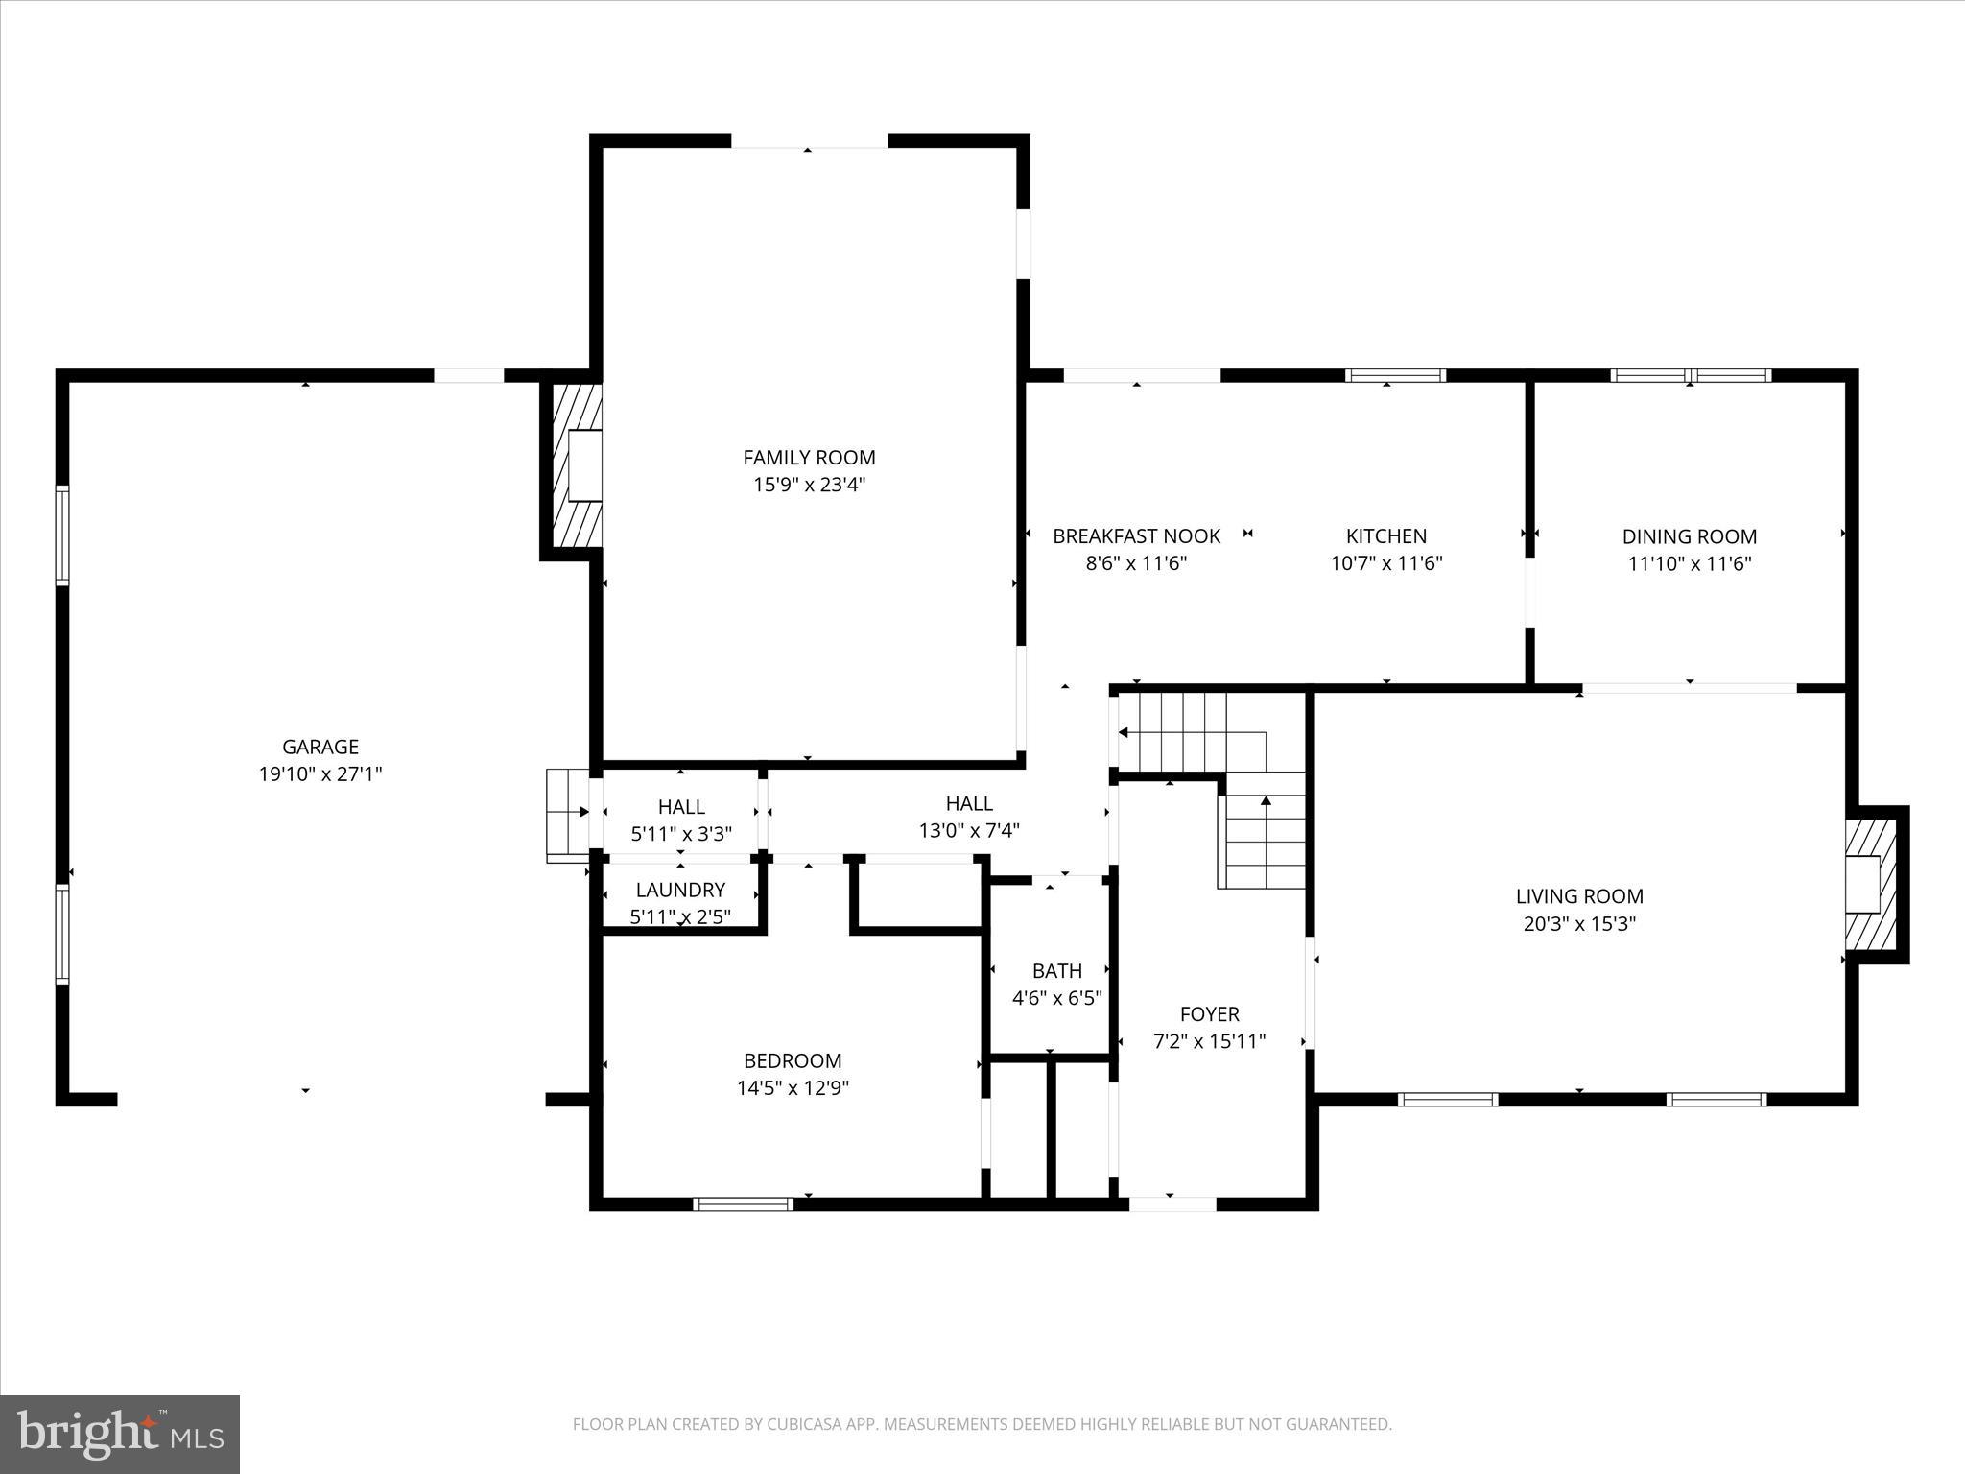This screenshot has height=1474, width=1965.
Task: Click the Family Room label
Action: [x=809, y=458]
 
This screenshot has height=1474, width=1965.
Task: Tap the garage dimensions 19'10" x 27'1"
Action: [x=320, y=773]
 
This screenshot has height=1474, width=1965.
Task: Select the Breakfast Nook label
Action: [x=1136, y=536]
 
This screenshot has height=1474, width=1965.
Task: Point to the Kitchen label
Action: [x=1385, y=536]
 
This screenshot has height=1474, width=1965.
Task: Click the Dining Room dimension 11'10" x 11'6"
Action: [x=1689, y=563]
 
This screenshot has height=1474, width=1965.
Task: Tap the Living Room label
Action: [x=1578, y=896]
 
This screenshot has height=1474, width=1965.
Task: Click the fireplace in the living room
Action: [x=1870, y=884]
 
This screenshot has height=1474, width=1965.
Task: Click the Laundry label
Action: [x=680, y=890]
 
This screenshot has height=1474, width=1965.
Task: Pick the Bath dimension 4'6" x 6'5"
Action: [x=1056, y=998]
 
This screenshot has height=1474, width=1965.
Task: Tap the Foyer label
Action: [x=1209, y=1013]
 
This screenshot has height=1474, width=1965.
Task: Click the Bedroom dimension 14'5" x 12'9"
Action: [x=793, y=1087]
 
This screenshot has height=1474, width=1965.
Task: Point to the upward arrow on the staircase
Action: [x=1266, y=800]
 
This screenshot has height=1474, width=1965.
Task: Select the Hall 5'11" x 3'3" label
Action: [x=681, y=807]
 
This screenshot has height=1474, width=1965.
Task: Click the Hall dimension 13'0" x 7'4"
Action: [x=969, y=831]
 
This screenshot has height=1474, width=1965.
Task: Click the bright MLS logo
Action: [x=120, y=1434]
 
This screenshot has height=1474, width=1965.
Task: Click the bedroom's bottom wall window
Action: [x=743, y=1203]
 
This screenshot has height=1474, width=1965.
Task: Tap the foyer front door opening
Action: [x=1172, y=1203]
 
